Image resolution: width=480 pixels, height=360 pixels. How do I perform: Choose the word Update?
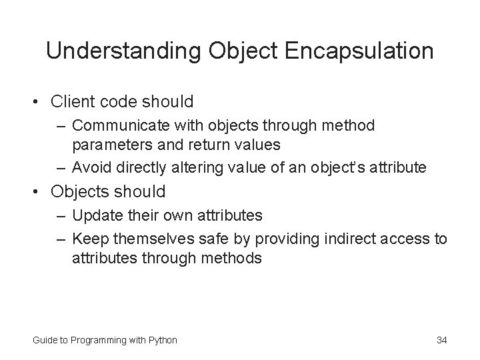pos(93,216)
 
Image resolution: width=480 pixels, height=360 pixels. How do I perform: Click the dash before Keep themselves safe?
pos(62,237)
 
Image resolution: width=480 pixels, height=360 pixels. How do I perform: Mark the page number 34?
pos(441,340)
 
